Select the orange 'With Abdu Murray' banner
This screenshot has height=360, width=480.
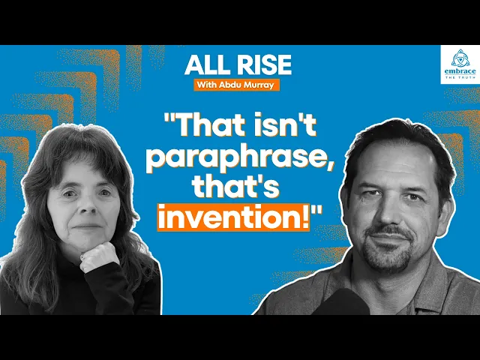click(237, 85)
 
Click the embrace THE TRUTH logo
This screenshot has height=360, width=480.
click(460, 64)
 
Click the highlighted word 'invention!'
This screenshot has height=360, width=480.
click(233, 217)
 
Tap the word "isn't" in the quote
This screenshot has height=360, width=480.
click(283, 124)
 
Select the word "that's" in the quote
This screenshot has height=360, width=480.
click(235, 187)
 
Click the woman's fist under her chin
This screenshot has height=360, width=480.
click(99, 257)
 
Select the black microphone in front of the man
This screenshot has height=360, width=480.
click(341, 302)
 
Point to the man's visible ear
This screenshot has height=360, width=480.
click(447, 211)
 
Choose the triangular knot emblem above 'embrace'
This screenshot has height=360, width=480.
click(460, 58)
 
